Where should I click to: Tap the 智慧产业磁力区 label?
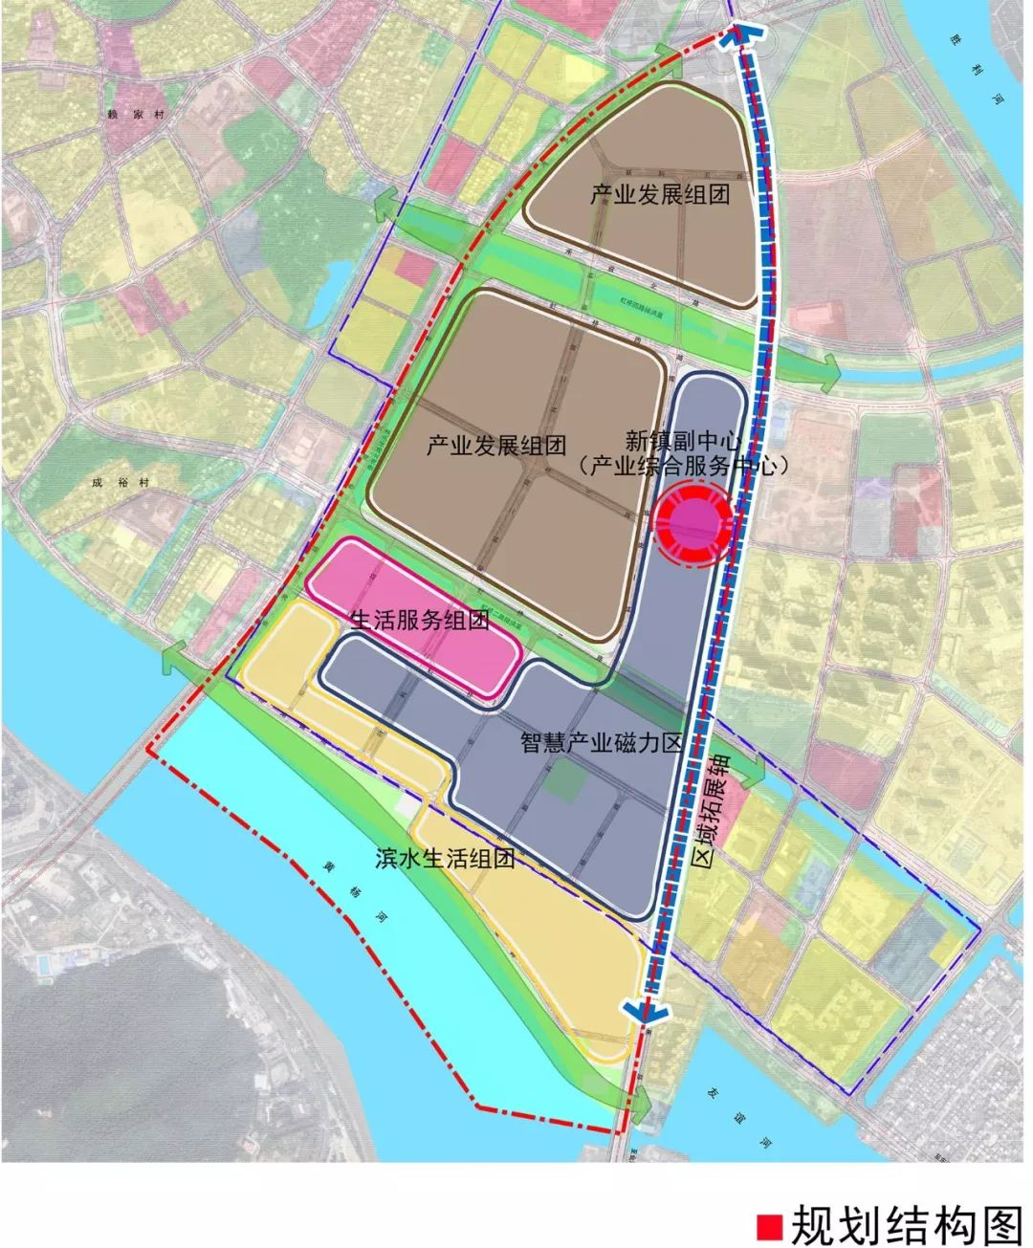tap(601, 742)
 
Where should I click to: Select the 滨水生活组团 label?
tap(445, 858)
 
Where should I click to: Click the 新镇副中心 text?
tap(684, 441)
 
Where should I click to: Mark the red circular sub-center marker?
tap(692, 523)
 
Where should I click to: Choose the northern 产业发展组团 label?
tap(660, 195)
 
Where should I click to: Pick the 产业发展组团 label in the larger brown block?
tap(496, 445)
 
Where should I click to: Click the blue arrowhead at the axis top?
tap(741, 35)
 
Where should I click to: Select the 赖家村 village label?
tap(125, 113)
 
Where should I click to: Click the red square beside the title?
tap(769, 1225)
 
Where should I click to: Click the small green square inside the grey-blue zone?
tap(563, 782)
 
